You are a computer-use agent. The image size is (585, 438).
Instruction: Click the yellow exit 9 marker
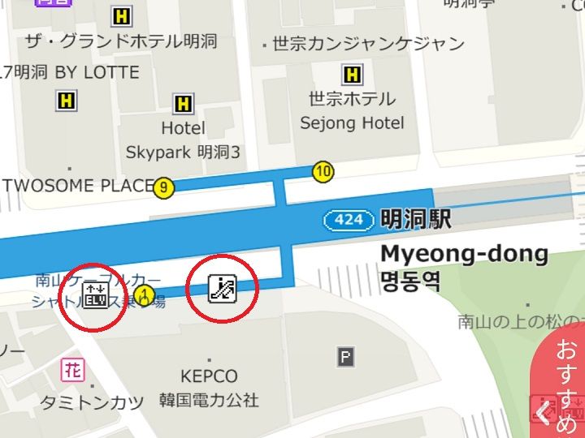coord(164,188)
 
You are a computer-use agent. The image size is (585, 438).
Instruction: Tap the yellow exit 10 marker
coord(323,171)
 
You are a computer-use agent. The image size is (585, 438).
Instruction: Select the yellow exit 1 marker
coord(145,294)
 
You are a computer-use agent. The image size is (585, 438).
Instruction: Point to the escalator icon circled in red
coord(222,288)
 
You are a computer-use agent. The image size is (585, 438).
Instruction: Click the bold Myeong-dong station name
coord(464,254)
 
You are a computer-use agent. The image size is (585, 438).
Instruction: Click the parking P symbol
coord(346,356)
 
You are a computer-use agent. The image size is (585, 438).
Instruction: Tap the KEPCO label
coord(210,376)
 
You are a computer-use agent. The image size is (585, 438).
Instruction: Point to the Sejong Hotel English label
coord(352,123)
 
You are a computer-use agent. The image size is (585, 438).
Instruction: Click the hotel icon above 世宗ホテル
coord(353,75)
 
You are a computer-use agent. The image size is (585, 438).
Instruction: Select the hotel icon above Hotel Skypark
coord(184,104)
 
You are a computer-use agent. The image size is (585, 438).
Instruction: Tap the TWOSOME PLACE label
coord(78,186)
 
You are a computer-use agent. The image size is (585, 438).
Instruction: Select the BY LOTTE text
coord(97,73)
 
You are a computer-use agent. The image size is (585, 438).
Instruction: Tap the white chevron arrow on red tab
coord(543,413)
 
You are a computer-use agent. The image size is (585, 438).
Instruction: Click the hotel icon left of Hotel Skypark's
coord(66,101)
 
